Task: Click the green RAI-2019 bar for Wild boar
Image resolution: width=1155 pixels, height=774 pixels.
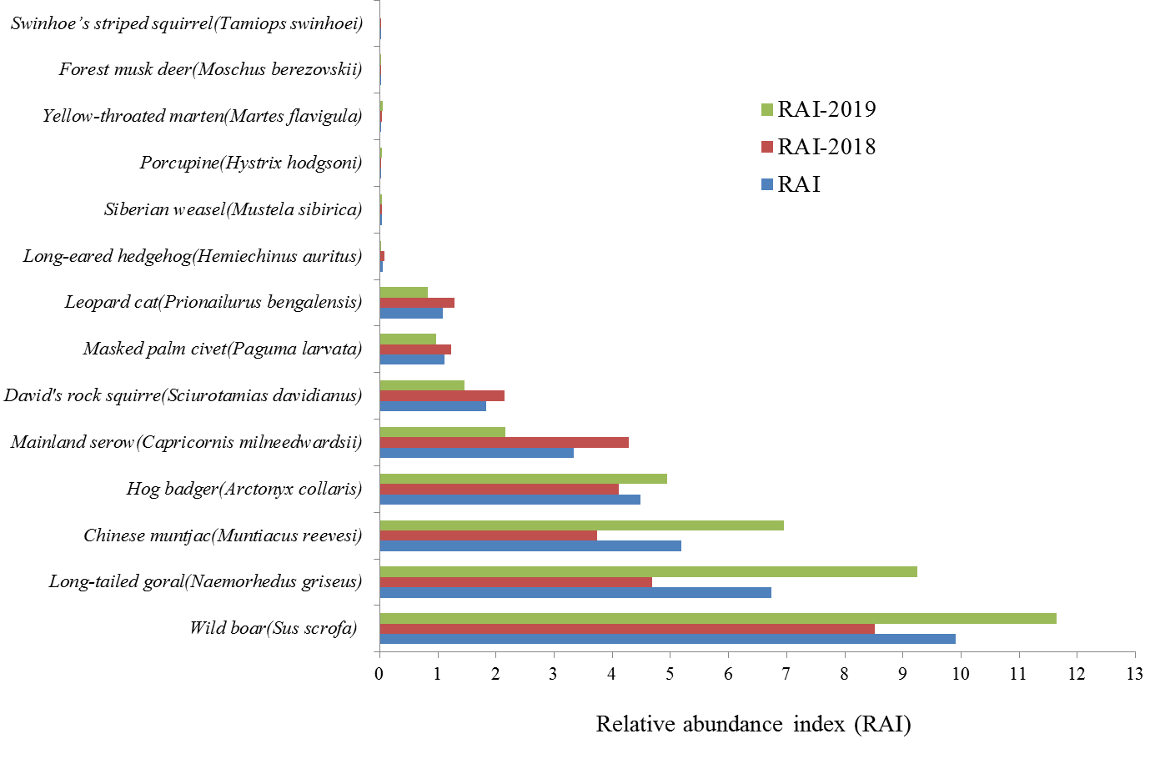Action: pos(717,618)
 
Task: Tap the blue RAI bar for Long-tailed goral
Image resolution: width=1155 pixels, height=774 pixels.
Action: pos(575,592)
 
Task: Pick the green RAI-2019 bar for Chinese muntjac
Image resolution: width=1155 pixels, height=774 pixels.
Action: pos(581,525)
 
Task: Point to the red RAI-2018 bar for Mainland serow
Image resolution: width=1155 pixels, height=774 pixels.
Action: pos(504,442)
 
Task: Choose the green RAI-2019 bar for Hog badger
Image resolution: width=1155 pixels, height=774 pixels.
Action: pos(523,479)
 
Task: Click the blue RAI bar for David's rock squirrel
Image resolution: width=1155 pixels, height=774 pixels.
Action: pos(433,406)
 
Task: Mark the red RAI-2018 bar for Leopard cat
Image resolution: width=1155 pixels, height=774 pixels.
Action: pos(417,303)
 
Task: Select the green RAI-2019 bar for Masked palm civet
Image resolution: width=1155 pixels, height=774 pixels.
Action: pos(408,339)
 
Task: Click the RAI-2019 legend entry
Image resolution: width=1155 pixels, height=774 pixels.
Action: pos(818,109)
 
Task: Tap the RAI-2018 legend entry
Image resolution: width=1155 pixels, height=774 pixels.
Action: pos(818,147)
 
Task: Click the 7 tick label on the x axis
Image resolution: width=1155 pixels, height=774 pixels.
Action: pos(786,673)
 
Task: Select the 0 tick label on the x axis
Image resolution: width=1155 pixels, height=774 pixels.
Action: pos(379,673)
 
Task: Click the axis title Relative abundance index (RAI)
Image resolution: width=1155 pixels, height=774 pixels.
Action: pos(753,724)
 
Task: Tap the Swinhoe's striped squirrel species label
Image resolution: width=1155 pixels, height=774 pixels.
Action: pos(187,23)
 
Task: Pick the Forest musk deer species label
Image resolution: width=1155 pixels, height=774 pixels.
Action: pos(210,69)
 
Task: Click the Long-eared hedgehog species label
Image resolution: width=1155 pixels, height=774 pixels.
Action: pos(193,256)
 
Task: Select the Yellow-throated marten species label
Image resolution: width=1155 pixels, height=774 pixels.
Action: pos(203,116)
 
